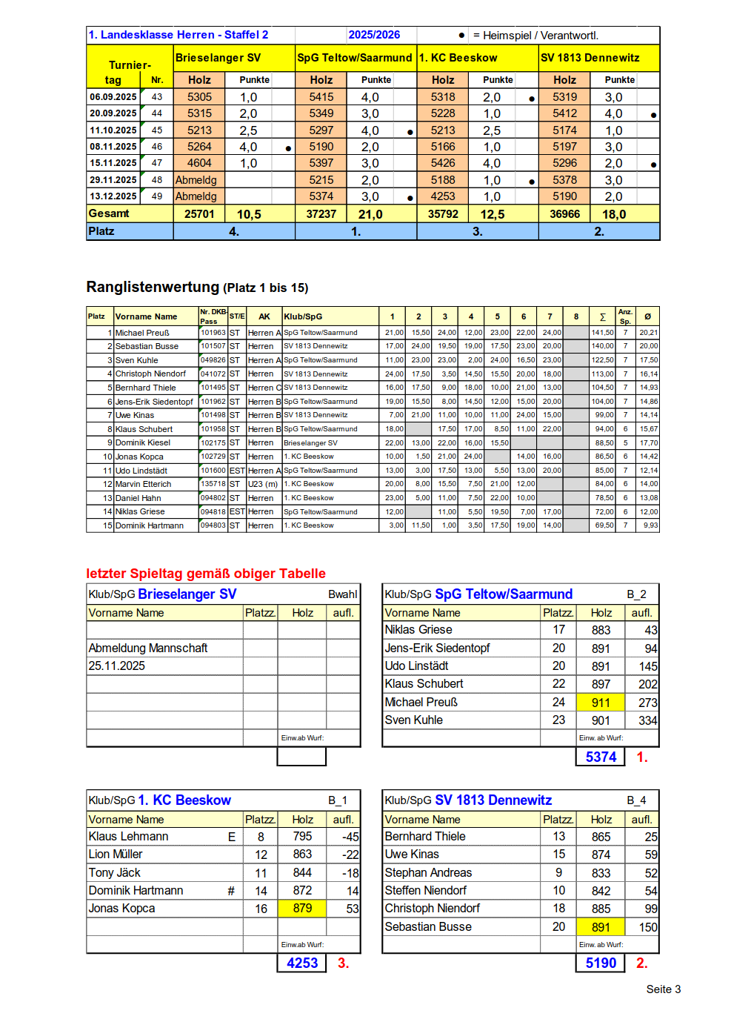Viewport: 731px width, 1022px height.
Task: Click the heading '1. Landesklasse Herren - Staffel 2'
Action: (178, 35)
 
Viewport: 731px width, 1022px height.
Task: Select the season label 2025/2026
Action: (374, 35)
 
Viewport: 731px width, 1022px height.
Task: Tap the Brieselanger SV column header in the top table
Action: (218, 58)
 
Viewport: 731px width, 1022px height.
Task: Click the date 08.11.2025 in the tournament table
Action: (113, 147)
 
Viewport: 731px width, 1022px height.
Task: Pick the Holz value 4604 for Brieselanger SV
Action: (199, 163)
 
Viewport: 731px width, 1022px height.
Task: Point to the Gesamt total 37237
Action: (321, 214)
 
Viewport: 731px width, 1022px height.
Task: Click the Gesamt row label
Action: (109, 213)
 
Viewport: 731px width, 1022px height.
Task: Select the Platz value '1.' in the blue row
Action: (356, 231)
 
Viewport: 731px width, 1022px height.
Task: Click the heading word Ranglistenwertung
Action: (153, 287)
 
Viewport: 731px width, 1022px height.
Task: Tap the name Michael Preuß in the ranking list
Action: (142, 333)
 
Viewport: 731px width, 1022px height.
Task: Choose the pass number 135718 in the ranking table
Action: (213, 484)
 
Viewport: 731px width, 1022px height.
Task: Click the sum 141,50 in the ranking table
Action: (602, 333)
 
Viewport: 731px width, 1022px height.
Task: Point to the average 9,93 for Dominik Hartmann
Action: (650, 525)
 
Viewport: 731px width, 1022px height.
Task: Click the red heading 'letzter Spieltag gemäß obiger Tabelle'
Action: (206, 574)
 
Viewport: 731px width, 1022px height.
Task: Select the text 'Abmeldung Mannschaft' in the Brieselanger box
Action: (148, 648)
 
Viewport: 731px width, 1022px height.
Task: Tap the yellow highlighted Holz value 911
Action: (601, 702)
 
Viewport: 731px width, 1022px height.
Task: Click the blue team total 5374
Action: (601, 757)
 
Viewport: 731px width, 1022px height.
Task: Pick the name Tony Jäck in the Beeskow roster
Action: (115, 872)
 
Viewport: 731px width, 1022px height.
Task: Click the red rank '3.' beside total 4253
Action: (343, 963)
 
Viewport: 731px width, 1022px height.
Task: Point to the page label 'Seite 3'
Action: (663, 989)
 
